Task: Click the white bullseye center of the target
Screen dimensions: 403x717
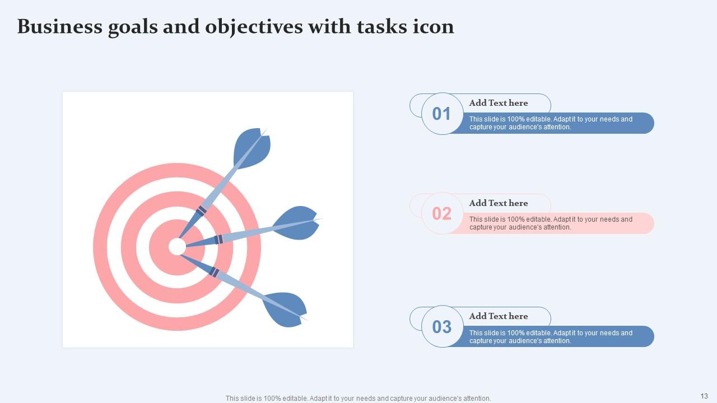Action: [177, 247]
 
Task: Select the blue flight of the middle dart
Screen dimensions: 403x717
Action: [297, 223]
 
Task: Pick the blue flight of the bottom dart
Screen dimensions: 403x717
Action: [285, 308]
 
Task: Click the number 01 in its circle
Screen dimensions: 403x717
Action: [442, 114]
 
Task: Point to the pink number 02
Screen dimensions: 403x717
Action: [442, 213]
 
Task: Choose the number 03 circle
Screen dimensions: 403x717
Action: [442, 326]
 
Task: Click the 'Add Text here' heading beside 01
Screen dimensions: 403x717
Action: [499, 103]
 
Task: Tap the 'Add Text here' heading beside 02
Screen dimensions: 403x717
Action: [499, 203]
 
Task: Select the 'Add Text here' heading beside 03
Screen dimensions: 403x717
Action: [499, 316]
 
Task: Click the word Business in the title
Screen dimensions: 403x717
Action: [59, 27]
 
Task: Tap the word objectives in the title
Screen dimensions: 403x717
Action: [253, 27]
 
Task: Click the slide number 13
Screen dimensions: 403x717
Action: [704, 396]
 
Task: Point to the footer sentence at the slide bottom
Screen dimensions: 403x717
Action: [358, 399]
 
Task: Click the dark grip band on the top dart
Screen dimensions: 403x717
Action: [201, 211]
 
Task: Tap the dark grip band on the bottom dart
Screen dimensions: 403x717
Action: [213, 272]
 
